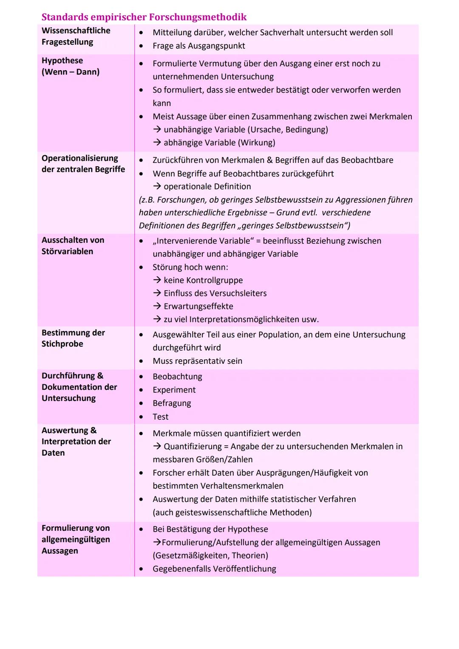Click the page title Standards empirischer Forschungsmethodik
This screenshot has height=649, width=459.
pyautogui.click(x=144, y=17)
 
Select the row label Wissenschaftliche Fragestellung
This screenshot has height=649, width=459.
pyautogui.click(x=76, y=36)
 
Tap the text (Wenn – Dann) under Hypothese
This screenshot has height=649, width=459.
pyautogui.click(x=71, y=72)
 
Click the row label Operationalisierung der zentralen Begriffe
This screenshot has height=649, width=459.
pyautogui.click(x=83, y=164)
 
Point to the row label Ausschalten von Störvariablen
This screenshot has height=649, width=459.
pyautogui.click(x=73, y=246)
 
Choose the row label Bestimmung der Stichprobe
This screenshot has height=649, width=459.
pyautogui.click(x=73, y=338)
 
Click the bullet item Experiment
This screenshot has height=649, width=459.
pyautogui.click(x=174, y=390)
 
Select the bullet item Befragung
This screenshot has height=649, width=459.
pyautogui.click(x=172, y=403)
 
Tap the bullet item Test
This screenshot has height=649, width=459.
pyautogui.click(x=160, y=417)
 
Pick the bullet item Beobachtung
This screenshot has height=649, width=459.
pyautogui.click(x=177, y=377)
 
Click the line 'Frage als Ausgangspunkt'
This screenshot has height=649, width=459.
pyautogui.click(x=198, y=46)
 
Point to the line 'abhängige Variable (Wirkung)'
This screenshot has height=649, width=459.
pyautogui.click(x=219, y=142)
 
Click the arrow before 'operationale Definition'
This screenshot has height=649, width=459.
pyautogui.click(x=157, y=187)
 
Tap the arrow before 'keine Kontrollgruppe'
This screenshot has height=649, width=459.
pyautogui.click(x=157, y=280)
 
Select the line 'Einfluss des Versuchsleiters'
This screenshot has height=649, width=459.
pyautogui.click(x=215, y=293)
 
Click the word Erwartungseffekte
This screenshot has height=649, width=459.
pyautogui.click(x=198, y=306)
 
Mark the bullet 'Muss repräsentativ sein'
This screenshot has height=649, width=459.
pyautogui.click(x=197, y=361)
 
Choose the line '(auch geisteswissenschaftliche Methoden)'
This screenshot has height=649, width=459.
pyautogui.click(x=232, y=512)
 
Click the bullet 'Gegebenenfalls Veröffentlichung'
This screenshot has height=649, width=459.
pyautogui.click(x=214, y=569)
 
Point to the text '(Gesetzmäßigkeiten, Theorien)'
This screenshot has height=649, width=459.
pyautogui.click(x=210, y=555)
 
